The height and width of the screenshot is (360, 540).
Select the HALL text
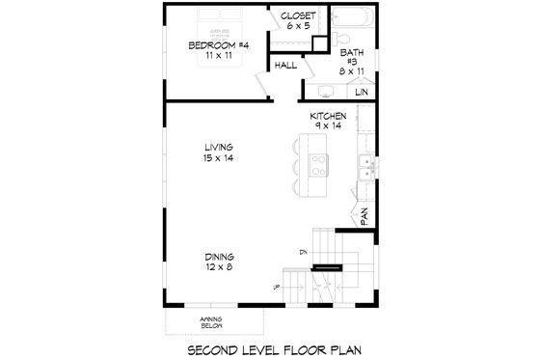tap(284, 67)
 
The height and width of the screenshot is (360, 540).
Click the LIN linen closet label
tap(362, 92)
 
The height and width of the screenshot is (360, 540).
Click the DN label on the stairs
tap(303, 253)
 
